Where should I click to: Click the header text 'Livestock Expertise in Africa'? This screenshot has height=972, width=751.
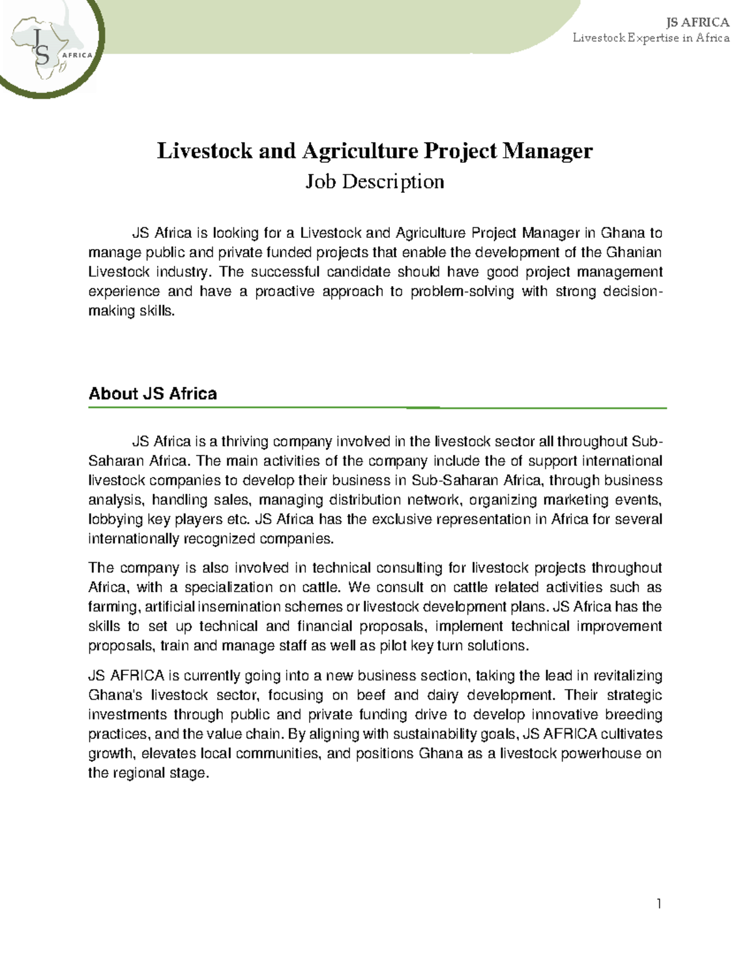(x=651, y=38)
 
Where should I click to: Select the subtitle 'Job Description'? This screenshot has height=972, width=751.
(x=374, y=182)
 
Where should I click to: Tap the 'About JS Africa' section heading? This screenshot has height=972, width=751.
(x=153, y=394)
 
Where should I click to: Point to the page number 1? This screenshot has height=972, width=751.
(x=658, y=903)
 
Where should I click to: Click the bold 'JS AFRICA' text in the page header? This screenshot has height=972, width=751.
(x=698, y=23)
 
